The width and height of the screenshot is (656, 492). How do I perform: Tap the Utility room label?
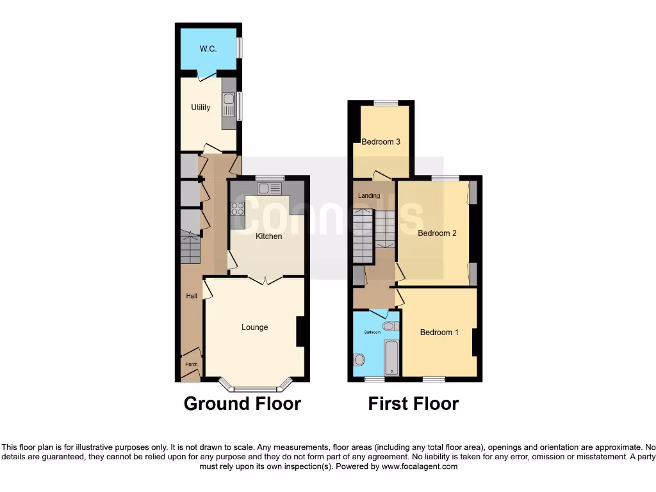[201, 108]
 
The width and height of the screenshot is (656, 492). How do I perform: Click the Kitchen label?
[269, 236]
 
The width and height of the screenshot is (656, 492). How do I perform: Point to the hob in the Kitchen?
[237, 208]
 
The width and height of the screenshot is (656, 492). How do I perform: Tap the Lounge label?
[254, 327]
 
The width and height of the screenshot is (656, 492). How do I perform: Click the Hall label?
[191, 296]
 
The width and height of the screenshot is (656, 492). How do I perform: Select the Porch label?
[191, 365]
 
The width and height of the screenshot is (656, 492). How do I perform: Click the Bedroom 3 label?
[381, 142]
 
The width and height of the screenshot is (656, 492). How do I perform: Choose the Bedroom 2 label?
[437, 233]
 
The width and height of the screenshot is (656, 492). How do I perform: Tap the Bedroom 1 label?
[439, 332]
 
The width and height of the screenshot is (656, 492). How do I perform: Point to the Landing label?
[369, 196]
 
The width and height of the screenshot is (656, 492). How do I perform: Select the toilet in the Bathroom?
[389, 327]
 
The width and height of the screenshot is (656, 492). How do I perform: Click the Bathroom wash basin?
[359, 360]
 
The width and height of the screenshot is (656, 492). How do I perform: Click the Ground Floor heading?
[242, 404]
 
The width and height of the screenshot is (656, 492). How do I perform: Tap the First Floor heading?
[413, 404]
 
